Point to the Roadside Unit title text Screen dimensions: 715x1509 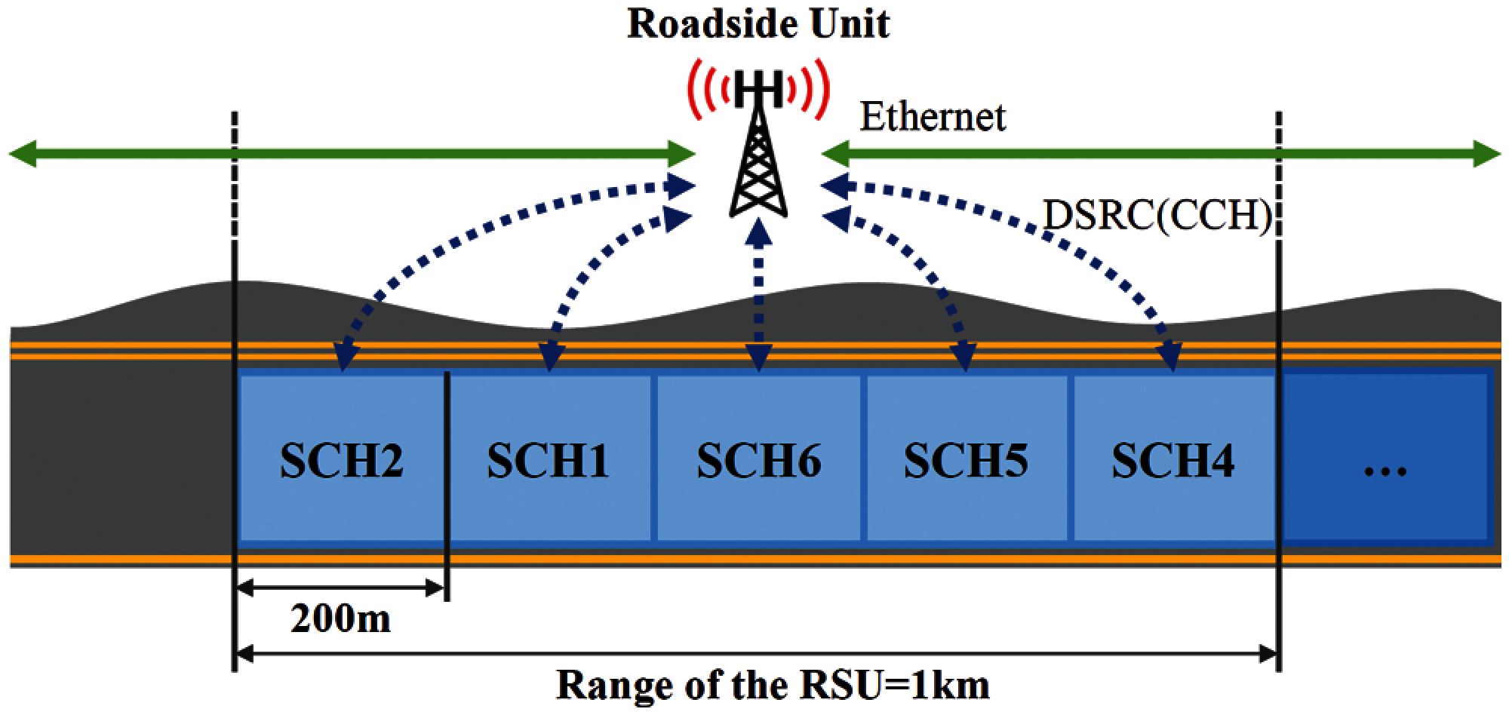[x=758, y=24]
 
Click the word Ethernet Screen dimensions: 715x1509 [x=933, y=118]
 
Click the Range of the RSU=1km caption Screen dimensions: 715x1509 [x=773, y=685]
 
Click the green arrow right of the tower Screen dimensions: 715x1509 [x=1162, y=155]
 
